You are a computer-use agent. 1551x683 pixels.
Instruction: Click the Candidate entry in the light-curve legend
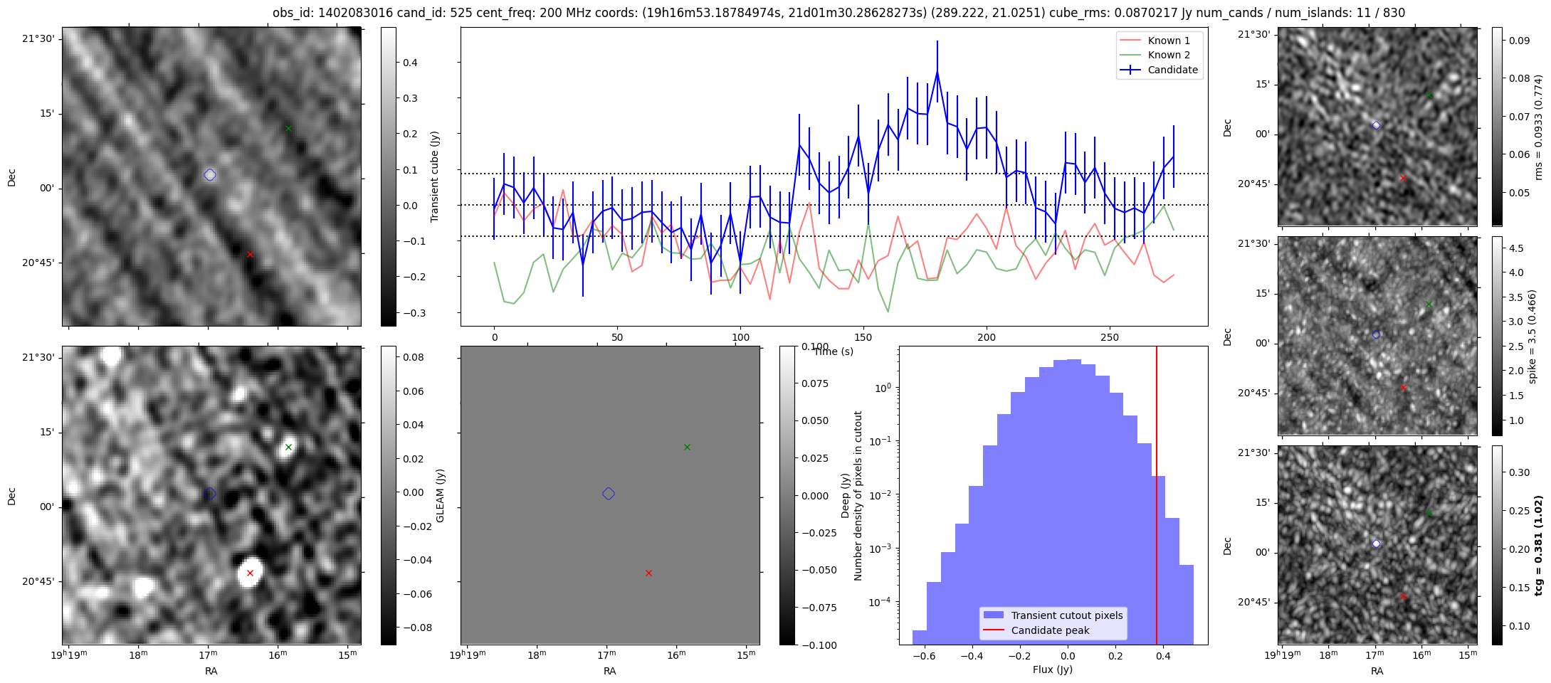1160,70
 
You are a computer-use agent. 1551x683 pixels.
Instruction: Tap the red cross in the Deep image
250,573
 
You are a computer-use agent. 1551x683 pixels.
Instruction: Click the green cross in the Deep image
288,448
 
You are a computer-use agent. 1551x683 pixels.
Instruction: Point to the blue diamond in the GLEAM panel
609,494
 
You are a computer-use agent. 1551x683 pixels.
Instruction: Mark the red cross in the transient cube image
250,254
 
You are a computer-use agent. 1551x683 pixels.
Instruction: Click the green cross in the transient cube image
288,129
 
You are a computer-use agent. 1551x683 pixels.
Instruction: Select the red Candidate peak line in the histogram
1157,495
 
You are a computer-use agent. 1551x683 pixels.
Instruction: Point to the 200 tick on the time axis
987,337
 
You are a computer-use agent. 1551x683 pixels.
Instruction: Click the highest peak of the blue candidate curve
937,72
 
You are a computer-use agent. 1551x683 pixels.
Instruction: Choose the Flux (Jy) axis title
1053,669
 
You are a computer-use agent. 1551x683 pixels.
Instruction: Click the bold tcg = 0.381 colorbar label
1538,546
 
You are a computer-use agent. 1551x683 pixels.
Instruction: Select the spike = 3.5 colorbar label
1532,337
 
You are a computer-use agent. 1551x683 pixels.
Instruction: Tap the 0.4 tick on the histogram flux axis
1163,656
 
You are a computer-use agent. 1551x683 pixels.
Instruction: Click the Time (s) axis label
834,351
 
